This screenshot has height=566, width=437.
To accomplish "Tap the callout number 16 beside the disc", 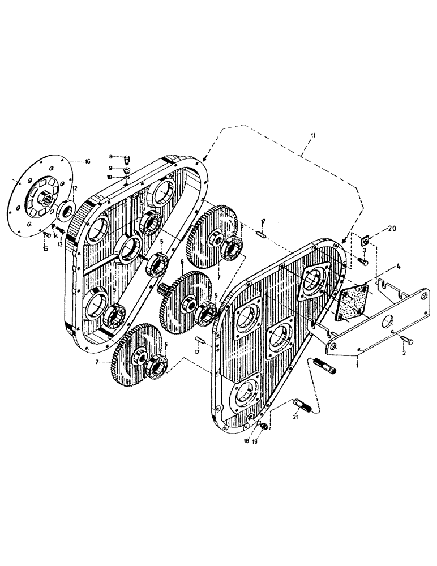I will [87, 161].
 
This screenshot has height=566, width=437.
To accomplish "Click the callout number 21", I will [294, 417].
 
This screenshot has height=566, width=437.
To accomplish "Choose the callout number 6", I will [182, 262].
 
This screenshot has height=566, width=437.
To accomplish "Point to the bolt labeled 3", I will [363, 262].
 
